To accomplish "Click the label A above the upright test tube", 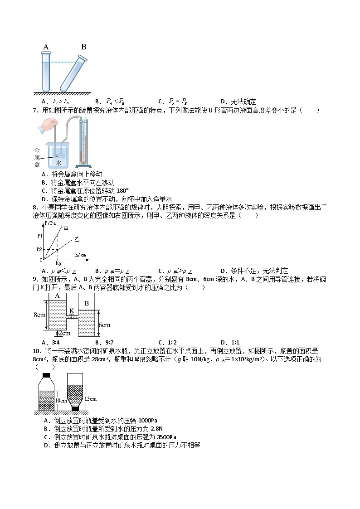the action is pyautogui.click(x=46, y=47).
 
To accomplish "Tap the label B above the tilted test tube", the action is pyautogui.click(x=83, y=47).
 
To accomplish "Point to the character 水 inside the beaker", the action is pyautogui.click(x=59, y=162).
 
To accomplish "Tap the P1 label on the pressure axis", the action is pyautogui.click(x=40, y=235).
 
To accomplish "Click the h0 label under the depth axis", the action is pyautogui.click(x=58, y=263).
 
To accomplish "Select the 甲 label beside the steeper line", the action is pyautogui.click(x=66, y=229).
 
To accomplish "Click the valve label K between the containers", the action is pyautogui.click(x=71, y=311).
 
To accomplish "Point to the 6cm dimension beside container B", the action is pyautogui.click(x=105, y=325).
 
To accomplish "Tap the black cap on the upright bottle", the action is pyautogui.click(x=46, y=375).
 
